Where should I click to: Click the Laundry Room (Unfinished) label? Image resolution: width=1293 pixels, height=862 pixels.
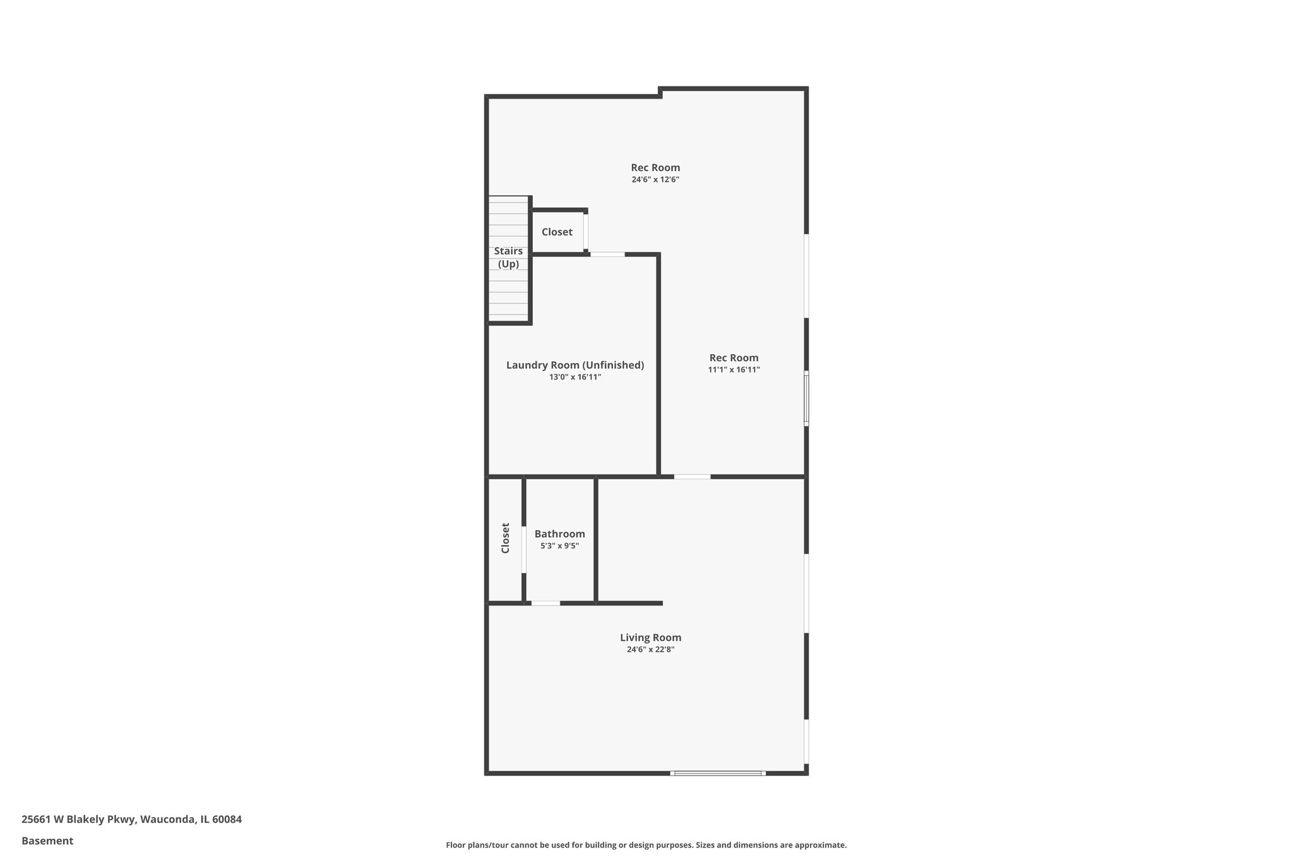[575, 365]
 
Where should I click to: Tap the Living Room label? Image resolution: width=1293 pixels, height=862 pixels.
[650, 638]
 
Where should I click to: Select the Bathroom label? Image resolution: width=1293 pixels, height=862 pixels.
[559, 534]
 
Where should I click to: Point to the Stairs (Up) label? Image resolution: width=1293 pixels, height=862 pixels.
[508, 258]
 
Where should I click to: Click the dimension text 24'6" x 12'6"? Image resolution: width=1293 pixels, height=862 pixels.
[655, 179]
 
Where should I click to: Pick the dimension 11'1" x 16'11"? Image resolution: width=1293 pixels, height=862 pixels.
[734, 370]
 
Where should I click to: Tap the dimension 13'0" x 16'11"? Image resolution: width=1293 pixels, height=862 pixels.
[575, 377]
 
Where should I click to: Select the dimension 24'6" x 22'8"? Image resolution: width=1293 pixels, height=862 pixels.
[650, 649]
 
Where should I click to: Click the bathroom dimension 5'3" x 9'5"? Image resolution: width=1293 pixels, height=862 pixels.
[559, 546]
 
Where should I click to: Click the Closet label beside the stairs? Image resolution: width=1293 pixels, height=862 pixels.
[557, 232]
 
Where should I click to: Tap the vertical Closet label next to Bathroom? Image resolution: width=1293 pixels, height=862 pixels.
[505, 538]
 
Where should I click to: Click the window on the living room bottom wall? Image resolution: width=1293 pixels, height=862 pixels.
[718, 773]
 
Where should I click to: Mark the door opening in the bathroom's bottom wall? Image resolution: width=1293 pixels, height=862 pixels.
[545, 603]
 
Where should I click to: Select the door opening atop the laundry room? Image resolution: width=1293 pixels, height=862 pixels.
[607, 254]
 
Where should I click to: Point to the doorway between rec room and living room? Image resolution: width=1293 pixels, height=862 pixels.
[692, 476]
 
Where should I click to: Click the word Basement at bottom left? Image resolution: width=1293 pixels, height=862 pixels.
[47, 841]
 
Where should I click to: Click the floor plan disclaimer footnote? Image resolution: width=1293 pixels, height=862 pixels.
[646, 845]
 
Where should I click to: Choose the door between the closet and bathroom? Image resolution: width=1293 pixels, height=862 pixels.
[524, 549]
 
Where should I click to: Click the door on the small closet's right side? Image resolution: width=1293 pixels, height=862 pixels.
[586, 232]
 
